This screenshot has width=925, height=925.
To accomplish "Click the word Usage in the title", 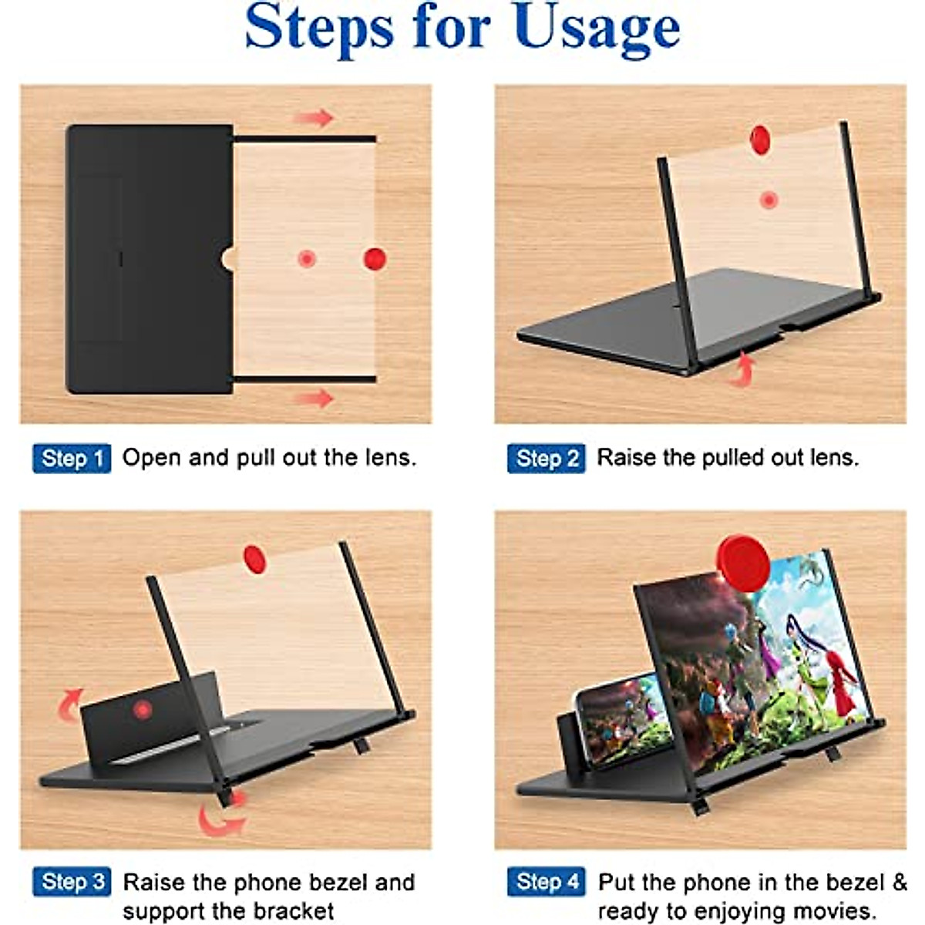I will [596, 29].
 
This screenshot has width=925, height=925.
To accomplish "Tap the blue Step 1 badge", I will [72, 458].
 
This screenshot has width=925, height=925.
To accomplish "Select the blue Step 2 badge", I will [546, 458].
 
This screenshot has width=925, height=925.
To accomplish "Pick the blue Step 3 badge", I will [72, 882].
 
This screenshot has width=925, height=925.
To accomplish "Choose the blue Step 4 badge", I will [546, 882].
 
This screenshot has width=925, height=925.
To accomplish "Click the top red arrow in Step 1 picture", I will [314, 118].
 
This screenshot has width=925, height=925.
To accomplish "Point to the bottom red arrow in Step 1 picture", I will [314, 399].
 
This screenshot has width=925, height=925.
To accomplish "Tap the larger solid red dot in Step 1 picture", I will [375, 259].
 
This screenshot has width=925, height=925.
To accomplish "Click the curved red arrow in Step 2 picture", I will [742, 368].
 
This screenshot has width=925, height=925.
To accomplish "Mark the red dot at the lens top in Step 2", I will [760, 140].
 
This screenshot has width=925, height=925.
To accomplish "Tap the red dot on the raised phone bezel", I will [142, 709].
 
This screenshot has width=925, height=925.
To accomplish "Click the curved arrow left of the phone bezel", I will [69, 703].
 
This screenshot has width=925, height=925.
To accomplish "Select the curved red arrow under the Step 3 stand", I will [221, 817].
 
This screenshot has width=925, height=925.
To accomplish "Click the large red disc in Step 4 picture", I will [743, 563].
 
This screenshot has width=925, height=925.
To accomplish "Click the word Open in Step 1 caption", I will [152, 458].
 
